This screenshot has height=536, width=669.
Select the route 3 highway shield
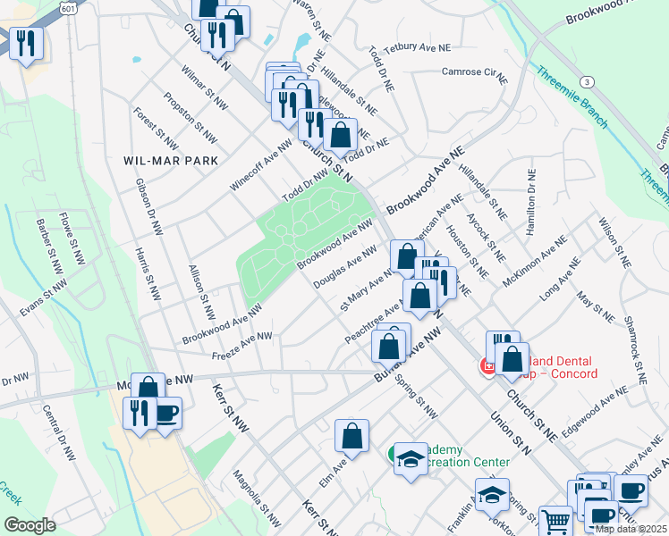pyautogui.click(x=587, y=81)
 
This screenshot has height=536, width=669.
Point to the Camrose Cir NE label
pyautogui.click(x=474, y=72)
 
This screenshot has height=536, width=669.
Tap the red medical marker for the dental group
pyautogui.click(x=488, y=366)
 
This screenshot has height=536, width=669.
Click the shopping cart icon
pyautogui.click(x=555, y=520)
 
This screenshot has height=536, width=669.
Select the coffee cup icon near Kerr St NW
pyautogui.click(x=166, y=414)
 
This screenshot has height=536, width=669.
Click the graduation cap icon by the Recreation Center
pyautogui.click(x=411, y=458)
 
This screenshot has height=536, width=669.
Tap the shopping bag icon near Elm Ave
pyautogui.click(x=352, y=436)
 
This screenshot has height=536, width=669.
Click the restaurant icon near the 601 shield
pyautogui.click(x=26, y=41)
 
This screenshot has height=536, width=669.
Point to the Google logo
pyautogui.click(x=29, y=525)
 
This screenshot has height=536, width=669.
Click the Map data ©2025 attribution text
pyautogui.click(x=630, y=529)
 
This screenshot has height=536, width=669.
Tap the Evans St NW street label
pyautogui.click(x=44, y=296)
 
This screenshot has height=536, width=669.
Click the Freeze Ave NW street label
pyautogui.click(x=241, y=347)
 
